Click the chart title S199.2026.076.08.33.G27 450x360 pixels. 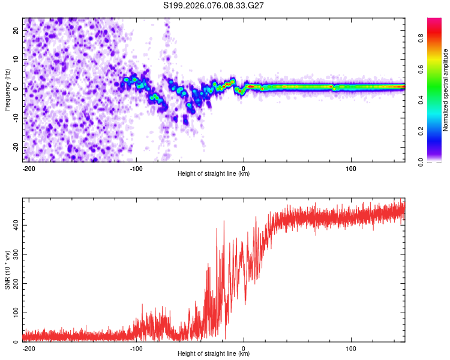tap(214, 5)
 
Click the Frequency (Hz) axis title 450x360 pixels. tap(8, 89)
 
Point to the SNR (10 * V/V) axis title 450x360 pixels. tap(8, 269)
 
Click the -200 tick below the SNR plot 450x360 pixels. tap(29, 347)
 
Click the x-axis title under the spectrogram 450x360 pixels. tap(214, 174)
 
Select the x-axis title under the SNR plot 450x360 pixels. tap(214, 354)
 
